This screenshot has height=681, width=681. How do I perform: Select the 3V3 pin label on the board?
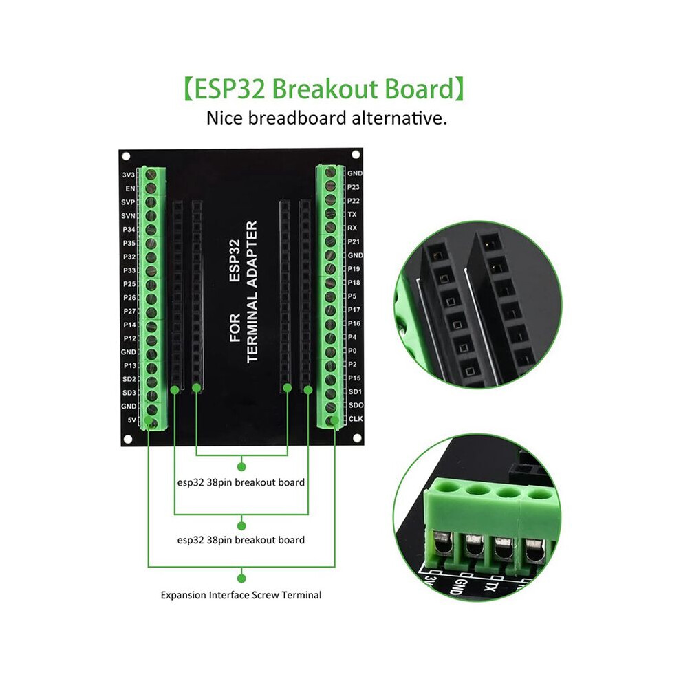tap(129, 175)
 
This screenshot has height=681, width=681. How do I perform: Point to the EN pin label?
tap(130, 188)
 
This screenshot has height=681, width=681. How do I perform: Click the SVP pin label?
tap(128, 202)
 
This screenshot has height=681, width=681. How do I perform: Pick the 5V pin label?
tap(131, 420)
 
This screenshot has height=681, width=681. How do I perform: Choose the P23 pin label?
tap(354, 187)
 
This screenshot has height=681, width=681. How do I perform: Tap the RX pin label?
tap(352, 228)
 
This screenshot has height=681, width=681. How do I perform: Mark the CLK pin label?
tap(356, 419)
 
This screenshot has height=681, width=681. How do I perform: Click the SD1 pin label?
tap(355, 392)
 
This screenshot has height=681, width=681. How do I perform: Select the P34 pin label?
tap(129, 229)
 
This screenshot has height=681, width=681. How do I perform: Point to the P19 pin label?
tap(354, 269)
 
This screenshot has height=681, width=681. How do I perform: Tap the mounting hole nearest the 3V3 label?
tap(126, 156)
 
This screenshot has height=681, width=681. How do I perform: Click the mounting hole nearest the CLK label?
tap(357, 438)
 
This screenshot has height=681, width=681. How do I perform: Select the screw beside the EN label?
tap(151, 188)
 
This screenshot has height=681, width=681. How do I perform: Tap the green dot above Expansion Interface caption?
tap(242, 579)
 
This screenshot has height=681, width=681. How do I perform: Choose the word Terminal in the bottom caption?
tap(301, 595)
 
